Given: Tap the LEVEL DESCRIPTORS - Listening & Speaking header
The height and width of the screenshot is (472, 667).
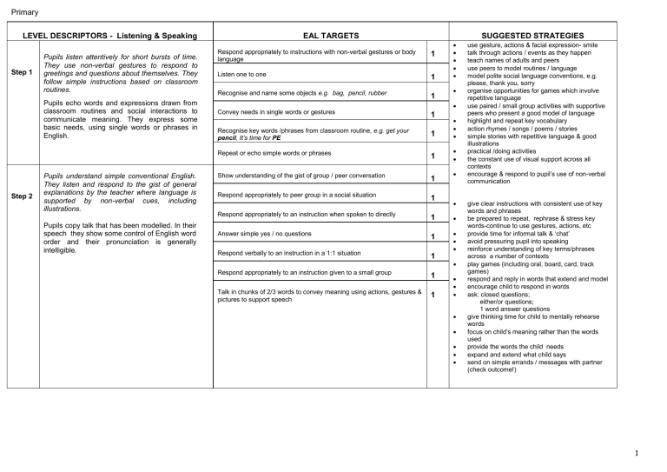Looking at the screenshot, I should [x=110, y=36].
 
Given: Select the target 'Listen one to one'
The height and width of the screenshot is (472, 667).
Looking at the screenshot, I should [x=243, y=75].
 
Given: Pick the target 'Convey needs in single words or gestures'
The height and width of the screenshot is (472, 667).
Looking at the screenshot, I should [x=276, y=113].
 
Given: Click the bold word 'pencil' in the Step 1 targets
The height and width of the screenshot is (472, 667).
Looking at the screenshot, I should [x=228, y=137].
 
